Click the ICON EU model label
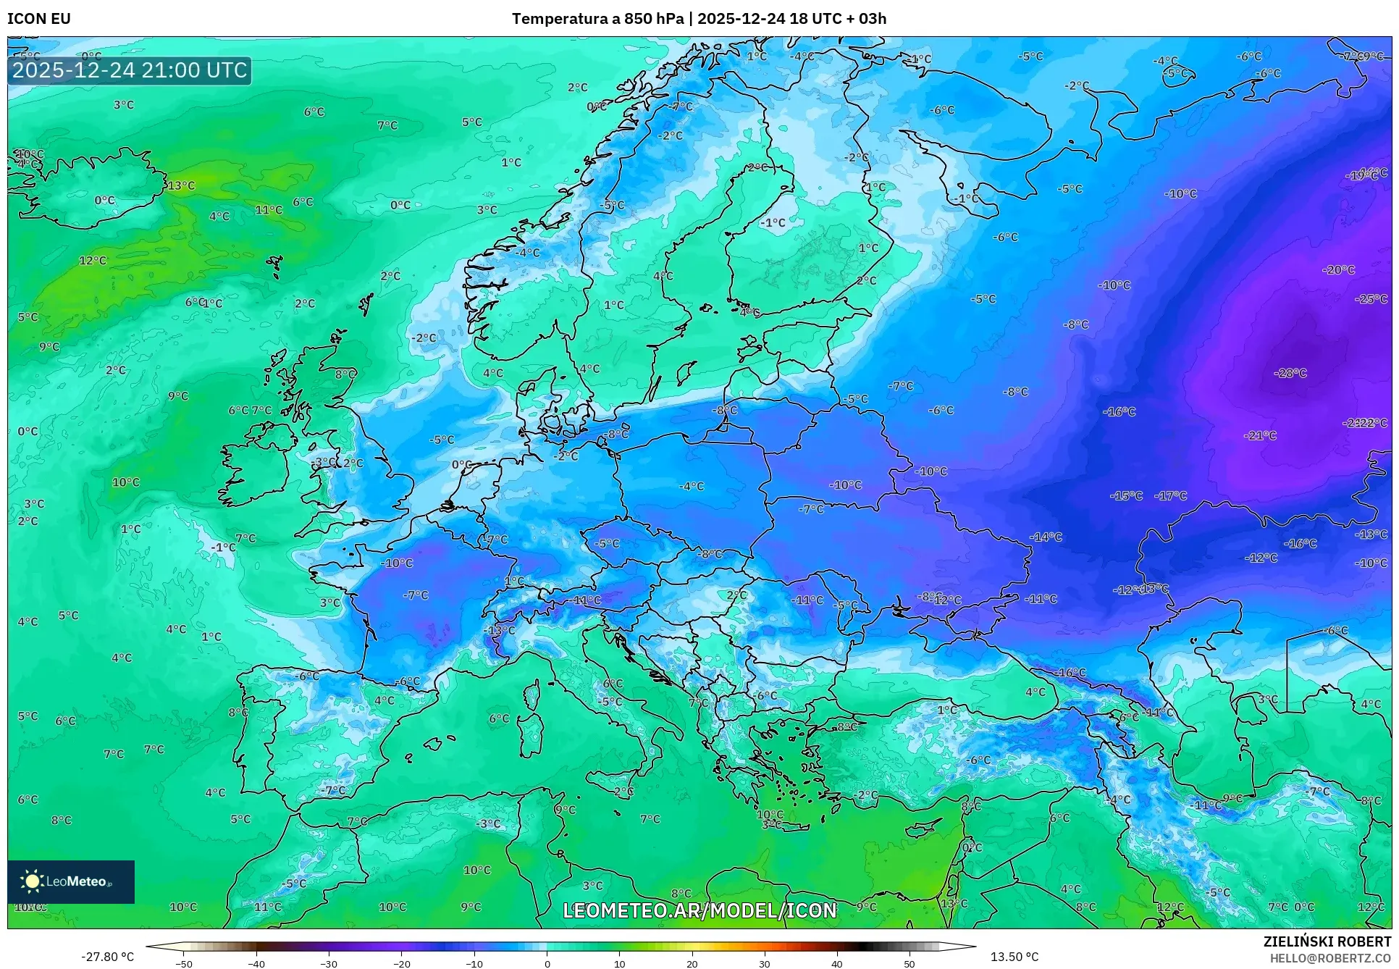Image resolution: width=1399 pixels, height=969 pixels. (x=39, y=19)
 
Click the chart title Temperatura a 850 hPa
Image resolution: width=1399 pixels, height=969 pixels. (x=597, y=19)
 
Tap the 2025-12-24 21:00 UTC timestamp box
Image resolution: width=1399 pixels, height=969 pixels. (x=130, y=70)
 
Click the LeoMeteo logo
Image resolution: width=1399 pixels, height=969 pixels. (x=70, y=881)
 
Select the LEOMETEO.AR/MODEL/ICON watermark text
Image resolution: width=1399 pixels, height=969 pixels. (x=699, y=910)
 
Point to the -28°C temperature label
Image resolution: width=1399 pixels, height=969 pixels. (x=1290, y=373)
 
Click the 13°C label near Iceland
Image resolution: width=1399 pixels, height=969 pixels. (x=181, y=185)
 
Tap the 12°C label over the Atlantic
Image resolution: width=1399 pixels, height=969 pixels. (x=93, y=260)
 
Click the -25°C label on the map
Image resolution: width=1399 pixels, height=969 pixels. (x=1371, y=298)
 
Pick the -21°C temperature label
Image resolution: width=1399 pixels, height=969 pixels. (x=1260, y=435)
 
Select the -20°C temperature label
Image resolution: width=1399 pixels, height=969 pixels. (x=1338, y=269)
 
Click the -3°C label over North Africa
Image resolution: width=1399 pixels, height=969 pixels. (x=489, y=823)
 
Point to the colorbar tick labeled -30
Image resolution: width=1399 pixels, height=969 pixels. (x=329, y=963)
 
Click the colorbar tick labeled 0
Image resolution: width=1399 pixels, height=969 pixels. (x=547, y=963)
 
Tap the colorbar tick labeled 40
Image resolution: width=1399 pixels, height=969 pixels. (x=837, y=963)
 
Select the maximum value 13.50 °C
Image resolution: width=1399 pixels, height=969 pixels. (x=1014, y=957)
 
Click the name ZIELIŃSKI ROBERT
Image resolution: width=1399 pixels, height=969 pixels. (x=1327, y=941)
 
